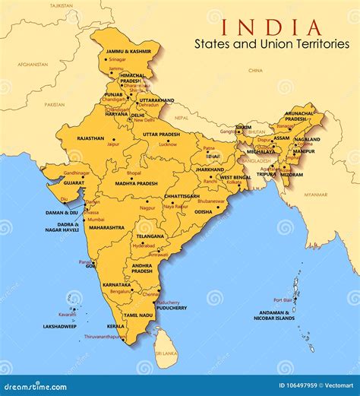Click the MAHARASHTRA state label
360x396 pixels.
click(x=107, y=227)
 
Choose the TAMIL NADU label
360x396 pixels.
click(x=138, y=315)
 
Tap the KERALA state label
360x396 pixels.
click(x=115, y=326)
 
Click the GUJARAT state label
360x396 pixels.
click(x=74, y=183)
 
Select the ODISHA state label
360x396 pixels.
click(x=204, y=212)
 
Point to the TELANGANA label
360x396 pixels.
click(x=149, y=236)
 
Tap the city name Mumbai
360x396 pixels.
click(x=96, y=219)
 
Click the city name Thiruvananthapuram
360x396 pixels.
click(x=104, y=336)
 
